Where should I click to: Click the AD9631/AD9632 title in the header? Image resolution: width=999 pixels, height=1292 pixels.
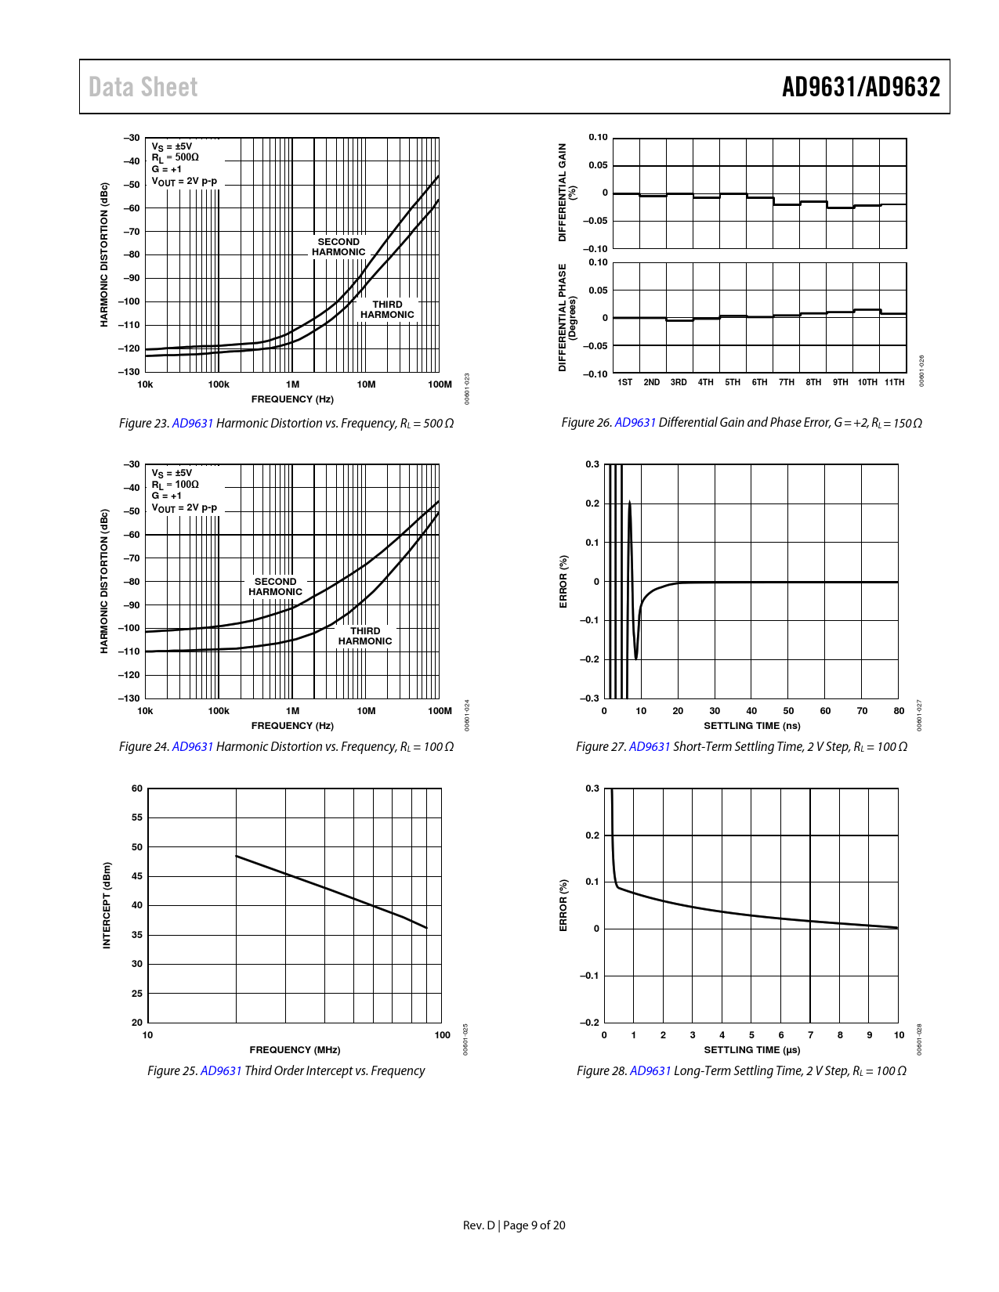click(860, 87)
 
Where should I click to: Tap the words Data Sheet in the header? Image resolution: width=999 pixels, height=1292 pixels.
click(143, 87)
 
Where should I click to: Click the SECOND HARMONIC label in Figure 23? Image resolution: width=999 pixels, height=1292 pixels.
click(338, 247)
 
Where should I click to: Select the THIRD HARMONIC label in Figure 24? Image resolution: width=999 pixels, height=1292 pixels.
click(365, 636)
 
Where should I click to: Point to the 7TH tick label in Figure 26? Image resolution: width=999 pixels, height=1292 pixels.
click(786, 382)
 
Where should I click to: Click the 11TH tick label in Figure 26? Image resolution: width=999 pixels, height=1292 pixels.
click(894, 382)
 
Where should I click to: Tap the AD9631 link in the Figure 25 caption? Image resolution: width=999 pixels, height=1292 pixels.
click(221, 1070)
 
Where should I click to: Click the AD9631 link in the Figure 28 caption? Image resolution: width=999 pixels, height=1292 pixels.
click(650, 1070)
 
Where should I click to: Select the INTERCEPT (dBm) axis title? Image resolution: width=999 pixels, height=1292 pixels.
click(107, 905)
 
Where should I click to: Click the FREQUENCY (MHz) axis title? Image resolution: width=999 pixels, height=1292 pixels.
click(295, 1049)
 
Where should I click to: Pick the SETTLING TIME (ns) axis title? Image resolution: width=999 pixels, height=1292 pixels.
click(751, 725)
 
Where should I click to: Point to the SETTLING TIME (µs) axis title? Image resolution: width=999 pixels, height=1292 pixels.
click(751, 1049)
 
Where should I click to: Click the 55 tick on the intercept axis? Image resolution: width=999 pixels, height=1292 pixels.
click(137, 817)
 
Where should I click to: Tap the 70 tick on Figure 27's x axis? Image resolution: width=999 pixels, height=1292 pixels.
click(862, 711)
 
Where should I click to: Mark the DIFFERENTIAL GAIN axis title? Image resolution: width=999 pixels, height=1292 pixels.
click(563, 192)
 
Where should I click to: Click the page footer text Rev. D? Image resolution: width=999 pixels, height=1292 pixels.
click(479, 1225)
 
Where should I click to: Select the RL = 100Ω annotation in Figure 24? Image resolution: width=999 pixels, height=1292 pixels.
click(175, 485)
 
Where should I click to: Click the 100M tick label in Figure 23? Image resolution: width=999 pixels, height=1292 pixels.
click(440, 384)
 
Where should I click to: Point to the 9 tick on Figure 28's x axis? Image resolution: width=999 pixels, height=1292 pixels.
click(869, 1035)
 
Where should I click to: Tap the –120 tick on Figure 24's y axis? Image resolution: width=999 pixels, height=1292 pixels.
click(129, 675)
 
